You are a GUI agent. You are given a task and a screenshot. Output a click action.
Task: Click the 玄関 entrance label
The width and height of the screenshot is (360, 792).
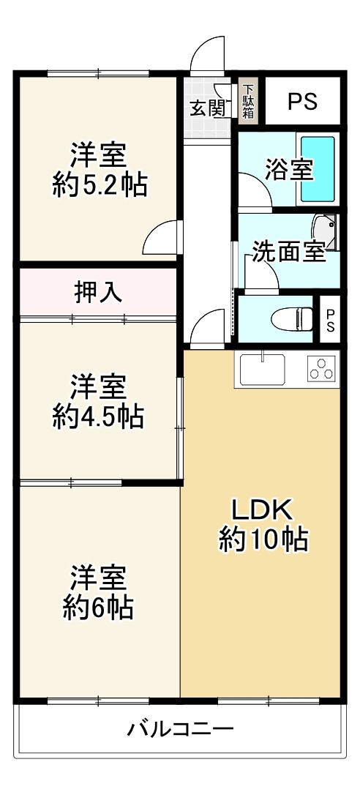(x=207, y=108)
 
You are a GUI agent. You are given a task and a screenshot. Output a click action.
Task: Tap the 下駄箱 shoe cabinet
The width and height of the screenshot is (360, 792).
(x=248, y=100)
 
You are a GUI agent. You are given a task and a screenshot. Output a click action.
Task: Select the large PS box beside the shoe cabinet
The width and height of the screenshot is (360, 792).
(x=301, y=102)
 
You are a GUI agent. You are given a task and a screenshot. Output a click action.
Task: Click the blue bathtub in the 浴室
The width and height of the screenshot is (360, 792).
(x=318, y=169)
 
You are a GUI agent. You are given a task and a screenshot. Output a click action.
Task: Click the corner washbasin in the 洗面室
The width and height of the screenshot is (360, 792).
(x=323, y=231)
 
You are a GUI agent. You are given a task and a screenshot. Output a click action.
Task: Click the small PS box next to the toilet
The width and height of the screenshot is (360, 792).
(x=330, y=319)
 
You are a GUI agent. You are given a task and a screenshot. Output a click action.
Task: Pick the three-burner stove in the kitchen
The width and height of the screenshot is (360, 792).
(x=321, y=369)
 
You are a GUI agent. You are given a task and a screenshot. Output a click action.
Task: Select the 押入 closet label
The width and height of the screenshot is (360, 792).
(x=98, y=292)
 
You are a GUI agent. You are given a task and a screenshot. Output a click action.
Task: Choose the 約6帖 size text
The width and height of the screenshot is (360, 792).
(x=98, y=607)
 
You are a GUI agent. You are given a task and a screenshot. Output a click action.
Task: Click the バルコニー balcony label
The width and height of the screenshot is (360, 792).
(x=180, y=729)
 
